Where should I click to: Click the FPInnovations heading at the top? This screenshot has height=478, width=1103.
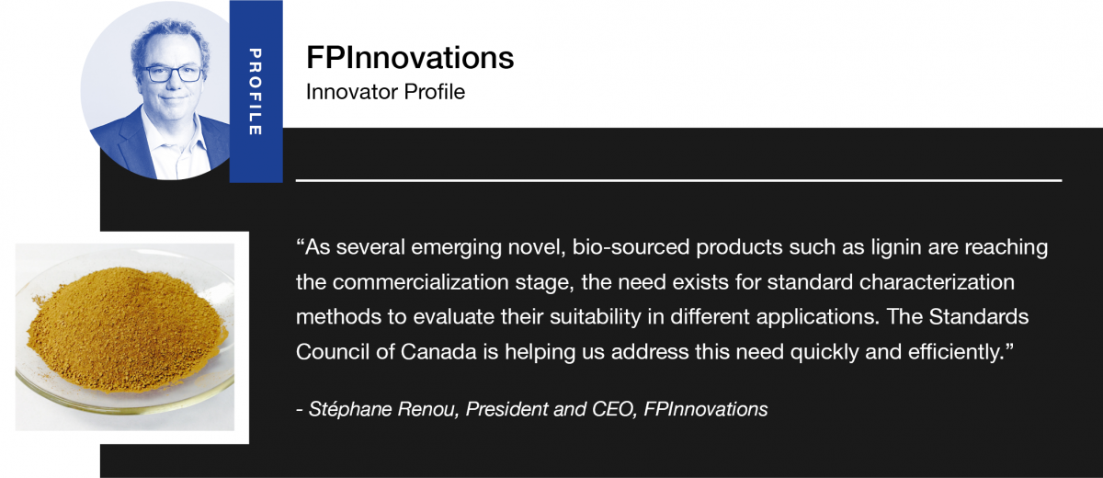410,58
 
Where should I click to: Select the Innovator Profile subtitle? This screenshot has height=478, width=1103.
385,92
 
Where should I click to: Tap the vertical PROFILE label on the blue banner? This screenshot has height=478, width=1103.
256,92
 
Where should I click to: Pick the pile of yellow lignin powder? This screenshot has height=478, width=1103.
126,331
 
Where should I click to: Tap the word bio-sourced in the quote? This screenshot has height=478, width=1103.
631,247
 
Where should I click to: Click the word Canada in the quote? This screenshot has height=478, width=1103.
438,352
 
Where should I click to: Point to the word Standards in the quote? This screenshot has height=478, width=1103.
979,317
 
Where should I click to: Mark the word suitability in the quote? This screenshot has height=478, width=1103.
596,317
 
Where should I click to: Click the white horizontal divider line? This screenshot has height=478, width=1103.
678,181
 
